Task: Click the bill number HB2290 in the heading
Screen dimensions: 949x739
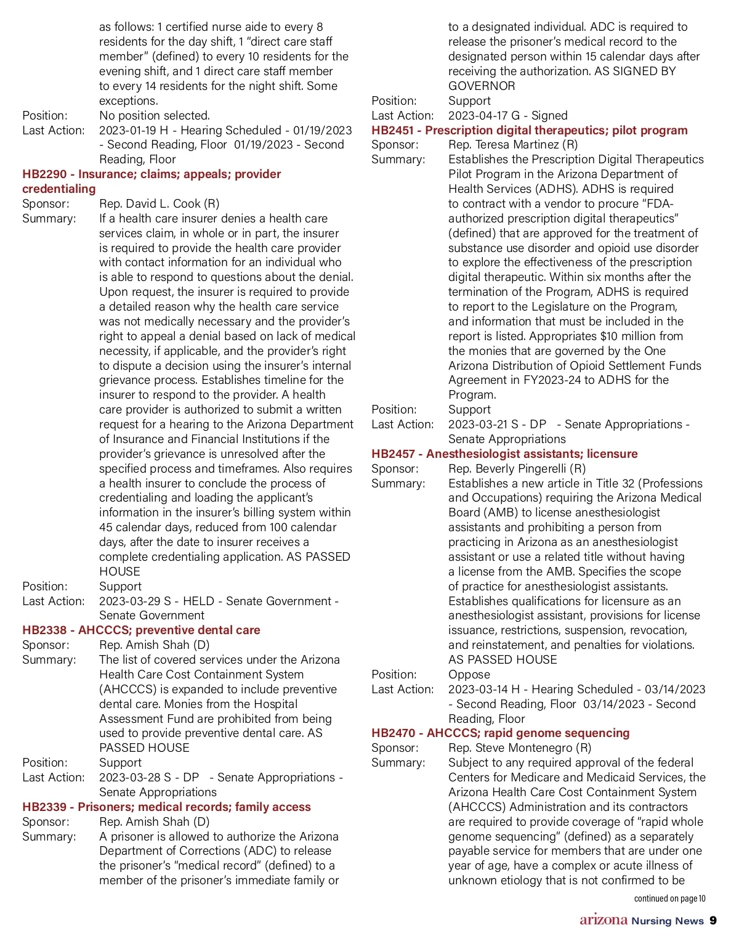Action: [x=44, y=174]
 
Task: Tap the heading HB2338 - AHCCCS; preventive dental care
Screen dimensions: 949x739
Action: [x=141, y=630]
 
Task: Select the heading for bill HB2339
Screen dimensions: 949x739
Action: [x=166, y=807]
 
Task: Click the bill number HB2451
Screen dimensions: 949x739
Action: [x=392, y=131]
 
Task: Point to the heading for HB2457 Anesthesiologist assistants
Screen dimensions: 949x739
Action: [x=504, y=454]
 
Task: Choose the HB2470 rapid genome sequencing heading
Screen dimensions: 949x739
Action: [x=500, y=733]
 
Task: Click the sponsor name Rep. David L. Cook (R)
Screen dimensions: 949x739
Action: [x=159, y=204]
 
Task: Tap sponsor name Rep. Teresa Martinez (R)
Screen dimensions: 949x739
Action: [x=513, y=145]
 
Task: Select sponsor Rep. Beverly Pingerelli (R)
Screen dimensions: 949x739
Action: [x=517, y=469]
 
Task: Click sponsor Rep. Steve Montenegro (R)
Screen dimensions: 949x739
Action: [x=520, y=748]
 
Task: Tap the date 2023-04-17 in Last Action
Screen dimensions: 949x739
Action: [x=479, y=116]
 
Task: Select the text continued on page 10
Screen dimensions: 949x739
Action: [x=669, y=899]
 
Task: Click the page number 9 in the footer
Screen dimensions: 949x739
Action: [x=713, y=921]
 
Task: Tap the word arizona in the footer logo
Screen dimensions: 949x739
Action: [x=603, y=920]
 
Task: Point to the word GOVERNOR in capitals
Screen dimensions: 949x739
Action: [x=482, y=86]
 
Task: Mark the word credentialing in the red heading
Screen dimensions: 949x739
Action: [x=59, y=189]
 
